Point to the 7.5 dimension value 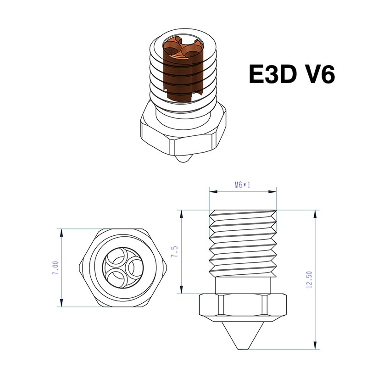[174, 251]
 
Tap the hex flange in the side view [243, 306]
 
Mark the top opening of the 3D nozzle [183, 46]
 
